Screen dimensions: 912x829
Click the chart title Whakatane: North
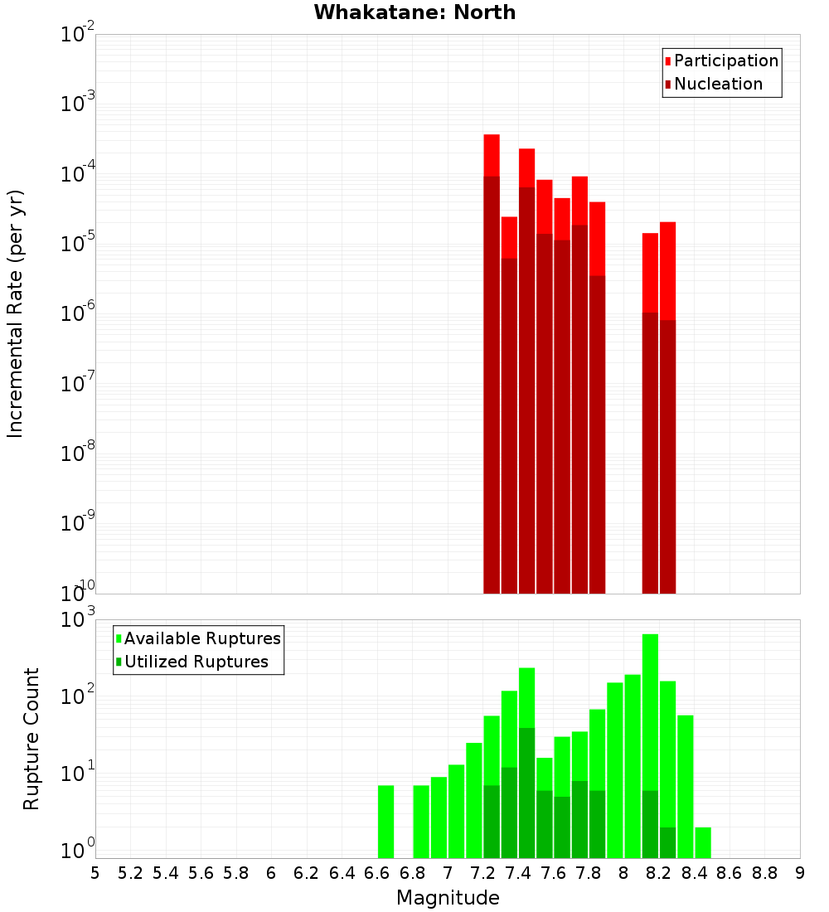click(x=414, y=12)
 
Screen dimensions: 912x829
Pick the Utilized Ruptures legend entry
click(x=196, y=662)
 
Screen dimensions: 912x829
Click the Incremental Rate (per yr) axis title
click(x=16, y=313)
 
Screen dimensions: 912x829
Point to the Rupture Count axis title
click(x=32, y=738)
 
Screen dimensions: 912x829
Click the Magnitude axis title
click(x=448, y=898)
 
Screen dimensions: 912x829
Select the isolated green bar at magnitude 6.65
click(x=385, y=821)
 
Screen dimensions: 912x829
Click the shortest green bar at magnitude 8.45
click(x=703, y=842)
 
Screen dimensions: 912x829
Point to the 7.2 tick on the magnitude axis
click(x=482, y=873)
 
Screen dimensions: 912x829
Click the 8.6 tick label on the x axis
click(x=730, y=873)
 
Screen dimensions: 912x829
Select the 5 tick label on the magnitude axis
click(x=95, y=873)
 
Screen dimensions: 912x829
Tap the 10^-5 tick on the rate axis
click(x=78, y=244)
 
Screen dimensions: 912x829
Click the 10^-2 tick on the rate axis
click(x=78, y=34)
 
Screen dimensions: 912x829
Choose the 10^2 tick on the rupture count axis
click(x=78, y=695)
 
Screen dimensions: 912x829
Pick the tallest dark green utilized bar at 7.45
click(x=526, y=792)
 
